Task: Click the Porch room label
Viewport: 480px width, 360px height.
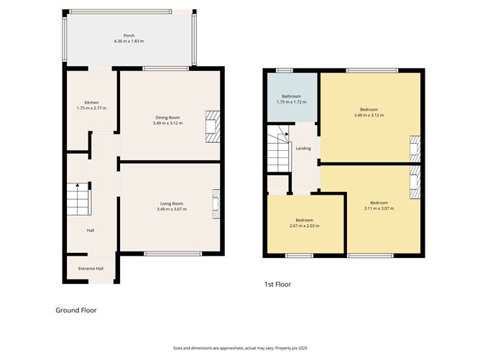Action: click(129, 35)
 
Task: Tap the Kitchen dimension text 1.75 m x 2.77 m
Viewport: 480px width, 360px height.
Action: click(91, 108)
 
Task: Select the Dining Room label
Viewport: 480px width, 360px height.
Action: click(167, 117)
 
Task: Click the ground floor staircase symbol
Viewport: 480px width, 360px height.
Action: click(78, 199)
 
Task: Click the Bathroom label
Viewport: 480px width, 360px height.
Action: click(291, 96)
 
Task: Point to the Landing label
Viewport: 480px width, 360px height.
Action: click(303, 149)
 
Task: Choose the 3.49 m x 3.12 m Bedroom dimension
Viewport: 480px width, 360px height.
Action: click(369, 115)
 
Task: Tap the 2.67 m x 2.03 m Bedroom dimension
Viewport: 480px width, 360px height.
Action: click(304, 226)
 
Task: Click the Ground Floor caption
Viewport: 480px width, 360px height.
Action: click(76, 310)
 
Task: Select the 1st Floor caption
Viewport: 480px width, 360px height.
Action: click(277, 285)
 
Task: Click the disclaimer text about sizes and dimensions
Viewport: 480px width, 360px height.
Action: click(239, 348)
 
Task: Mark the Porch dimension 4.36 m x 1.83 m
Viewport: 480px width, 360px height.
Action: click(129, 41)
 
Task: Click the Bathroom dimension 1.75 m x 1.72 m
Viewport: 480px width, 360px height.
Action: click(291, 102)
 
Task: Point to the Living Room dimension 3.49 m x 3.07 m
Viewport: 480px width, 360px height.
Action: click(172, 209)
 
